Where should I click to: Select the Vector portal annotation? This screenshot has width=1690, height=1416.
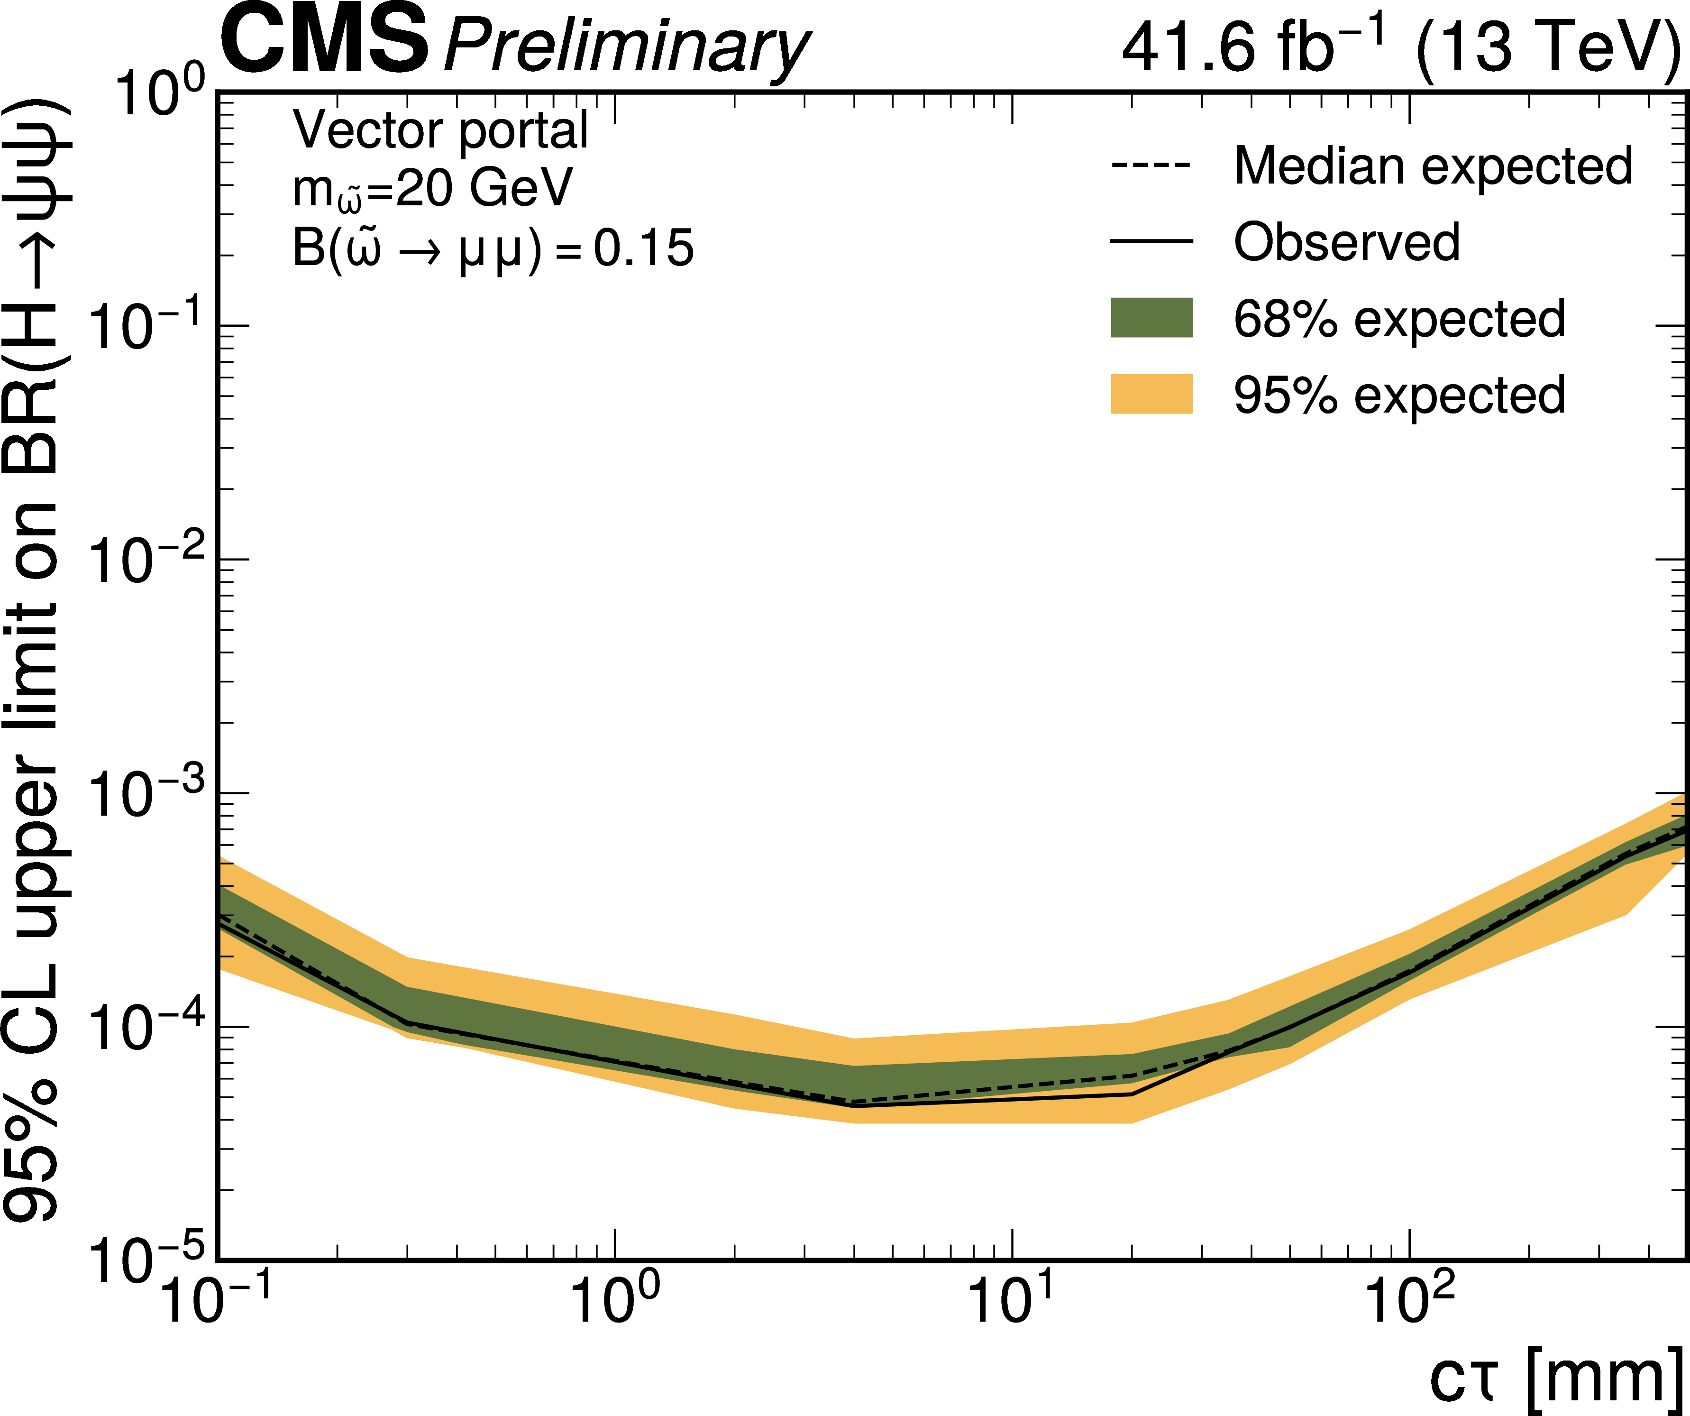pos(440,130)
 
